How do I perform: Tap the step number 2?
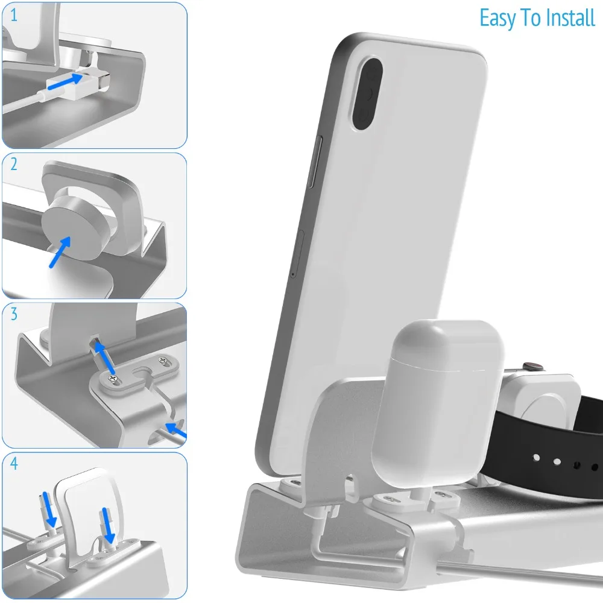[14, 164]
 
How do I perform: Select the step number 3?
[14, 314]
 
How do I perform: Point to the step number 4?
[14, 464]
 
